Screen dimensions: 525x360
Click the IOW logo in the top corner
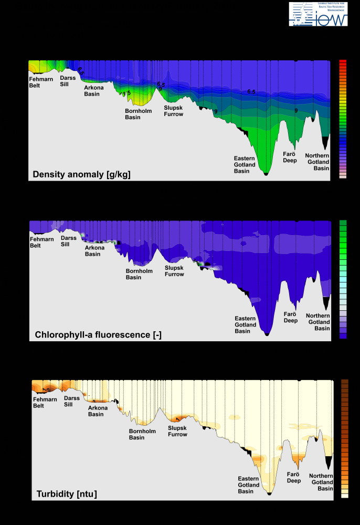pyautogui.click(x=318, y=14)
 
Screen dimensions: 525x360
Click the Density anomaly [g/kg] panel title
pyautogui.click(x=81, y=174)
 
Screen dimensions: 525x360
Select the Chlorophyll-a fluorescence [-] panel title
pyautogui.click(x=98, y=334)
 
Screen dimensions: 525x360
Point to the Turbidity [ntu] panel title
pyautogui.click(x=67, y=494)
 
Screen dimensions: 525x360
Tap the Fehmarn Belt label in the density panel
pyautogui.click(x=41, y=82)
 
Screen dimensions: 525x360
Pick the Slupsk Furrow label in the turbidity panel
pyautogui.click(x=177, y=431)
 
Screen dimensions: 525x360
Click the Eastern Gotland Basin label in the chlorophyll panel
pyautogui.click(x=245, y=324)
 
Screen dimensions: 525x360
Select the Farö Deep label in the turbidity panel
pyautogui.click(x=294, y=477)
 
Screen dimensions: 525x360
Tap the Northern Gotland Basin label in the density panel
pyautogui.click(x=317, y=162)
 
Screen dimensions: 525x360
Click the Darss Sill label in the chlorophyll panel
pyautogui.click(x=68, y=240)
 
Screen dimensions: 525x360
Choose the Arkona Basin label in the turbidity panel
pyautogui.click(x=98, y=411)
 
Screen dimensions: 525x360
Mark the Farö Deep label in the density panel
pyautogui.click(x=290, y=157)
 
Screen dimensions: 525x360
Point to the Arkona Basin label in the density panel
pyautogui.click(x=94, y=90)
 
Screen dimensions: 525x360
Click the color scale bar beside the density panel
pyautogui.click(x=343, y=119)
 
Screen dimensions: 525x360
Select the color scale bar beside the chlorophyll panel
pyautogui.click(x=343, y=279)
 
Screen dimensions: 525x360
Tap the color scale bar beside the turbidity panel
pyautogui.click(x=345, y=438)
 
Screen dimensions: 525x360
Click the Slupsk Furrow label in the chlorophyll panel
pyautogui.click(x=175, y=271)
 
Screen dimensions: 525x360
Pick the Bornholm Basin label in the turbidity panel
pyautogui.click(x=136, y=434)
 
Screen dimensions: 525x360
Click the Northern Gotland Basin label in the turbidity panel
pyautogui.click(x=321, y=482)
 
